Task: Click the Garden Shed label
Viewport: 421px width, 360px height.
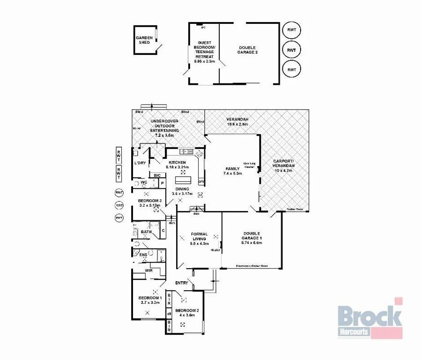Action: tap(143, 40)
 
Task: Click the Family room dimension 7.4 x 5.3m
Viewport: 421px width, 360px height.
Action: tap(232, 173)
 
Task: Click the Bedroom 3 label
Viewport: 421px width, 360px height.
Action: tap(150, 201)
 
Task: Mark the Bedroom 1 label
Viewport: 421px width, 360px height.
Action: tap(150, 298)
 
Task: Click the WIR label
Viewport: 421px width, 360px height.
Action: tap(149, 270)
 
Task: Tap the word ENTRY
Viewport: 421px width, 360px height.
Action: tap(182, 283)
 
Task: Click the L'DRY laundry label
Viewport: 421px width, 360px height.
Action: tap(140, 163)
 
